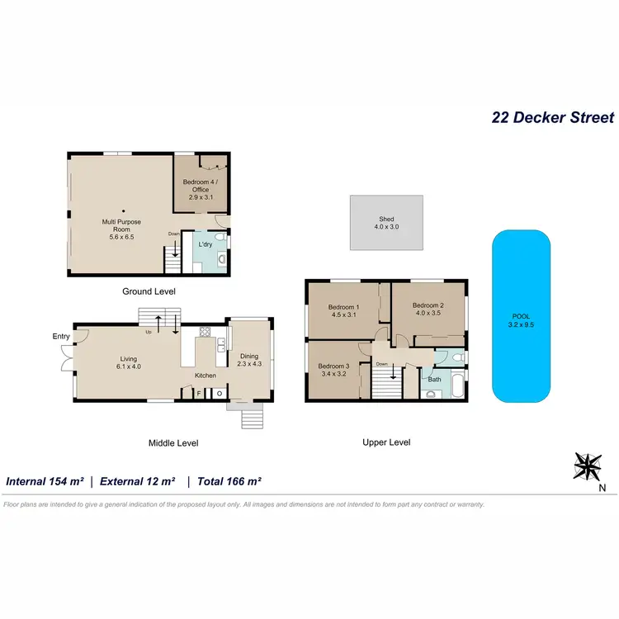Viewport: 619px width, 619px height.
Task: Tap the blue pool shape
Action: pos(521,316)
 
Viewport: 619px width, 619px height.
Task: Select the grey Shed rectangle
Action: pos(386,222)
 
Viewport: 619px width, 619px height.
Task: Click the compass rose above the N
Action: pos(588,466)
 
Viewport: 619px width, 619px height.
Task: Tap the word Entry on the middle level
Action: pos(61,336)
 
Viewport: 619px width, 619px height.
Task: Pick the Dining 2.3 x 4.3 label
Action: pos(249,361)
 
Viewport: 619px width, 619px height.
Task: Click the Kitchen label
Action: pos(205,376)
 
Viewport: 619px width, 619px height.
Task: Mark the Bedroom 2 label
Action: pos(429,307)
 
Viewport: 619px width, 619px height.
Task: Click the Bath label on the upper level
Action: pos(434,380)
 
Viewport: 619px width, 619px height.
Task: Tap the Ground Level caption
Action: pos(149,291)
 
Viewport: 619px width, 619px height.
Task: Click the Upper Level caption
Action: pos(386,442)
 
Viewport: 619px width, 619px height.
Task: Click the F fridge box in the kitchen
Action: pos(199,394)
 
